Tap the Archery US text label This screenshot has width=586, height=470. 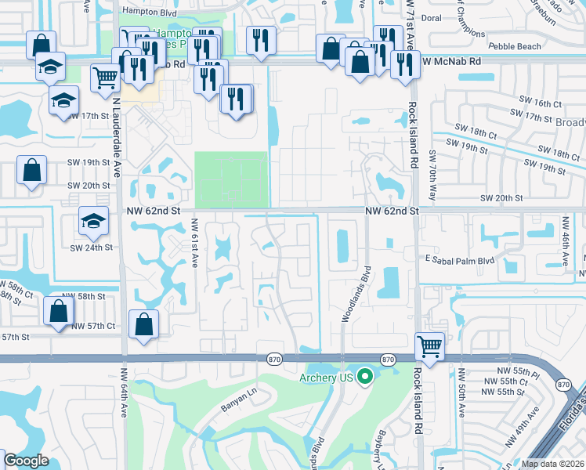[327, 378]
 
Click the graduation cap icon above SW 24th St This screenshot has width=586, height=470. [93, 222]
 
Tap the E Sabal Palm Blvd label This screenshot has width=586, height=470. [460, 260]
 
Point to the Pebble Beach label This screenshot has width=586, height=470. [515, 46]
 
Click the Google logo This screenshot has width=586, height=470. [26, 461]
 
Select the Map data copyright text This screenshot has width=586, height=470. [553, 464]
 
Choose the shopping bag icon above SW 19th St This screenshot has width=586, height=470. [32, 171]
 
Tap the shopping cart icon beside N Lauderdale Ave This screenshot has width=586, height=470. [106, 78]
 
